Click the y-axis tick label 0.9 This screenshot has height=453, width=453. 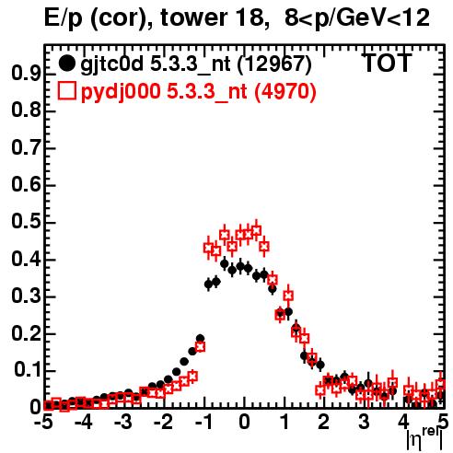pos(26,74)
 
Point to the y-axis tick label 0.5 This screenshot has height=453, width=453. pos(26,222)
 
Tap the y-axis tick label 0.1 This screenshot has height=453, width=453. pos(28,370)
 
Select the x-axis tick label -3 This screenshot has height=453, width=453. pos(123,422)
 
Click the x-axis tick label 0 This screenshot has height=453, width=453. pos(244,422)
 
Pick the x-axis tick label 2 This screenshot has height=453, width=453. pos(324,422)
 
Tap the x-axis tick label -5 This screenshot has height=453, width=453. pos(44,422)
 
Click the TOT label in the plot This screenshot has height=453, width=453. pos(388,64)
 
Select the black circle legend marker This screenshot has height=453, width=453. pos(66,64)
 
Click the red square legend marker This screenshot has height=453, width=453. pos(66,91)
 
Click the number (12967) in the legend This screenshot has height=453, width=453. pos(274,64)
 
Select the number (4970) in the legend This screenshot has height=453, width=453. pos(285,92)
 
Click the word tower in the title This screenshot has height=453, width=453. pos(192,18)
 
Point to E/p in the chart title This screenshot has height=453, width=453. pos(64,19)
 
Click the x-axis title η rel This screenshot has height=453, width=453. pos(424,439)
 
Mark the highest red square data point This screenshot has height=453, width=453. pos(257,231)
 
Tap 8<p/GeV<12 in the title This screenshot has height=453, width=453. pos(357,19)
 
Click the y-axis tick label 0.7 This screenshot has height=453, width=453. pos(26,147)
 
